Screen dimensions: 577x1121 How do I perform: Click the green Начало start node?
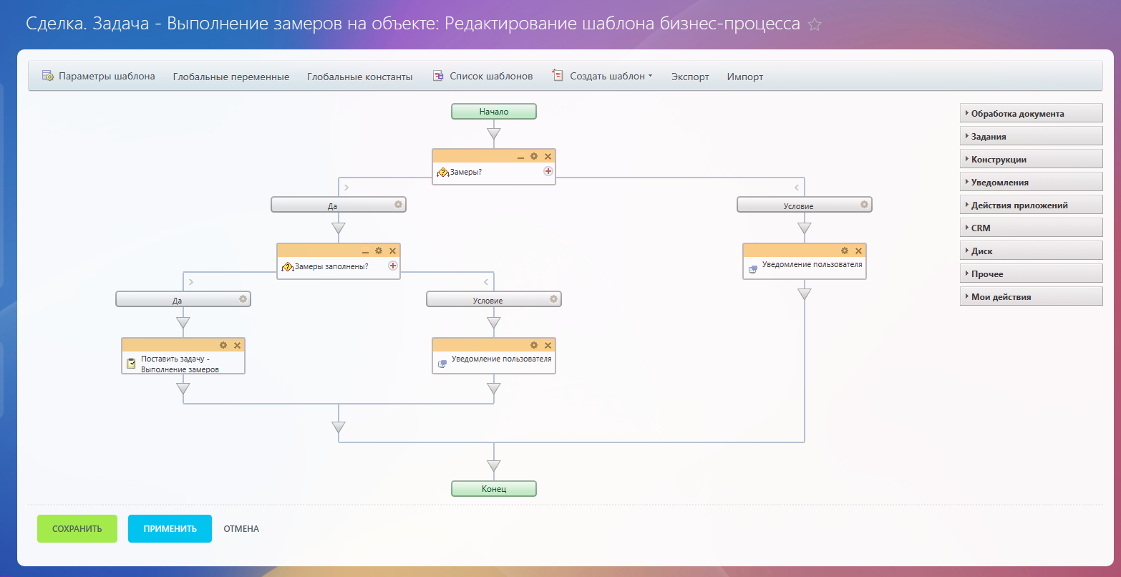pos(493,112)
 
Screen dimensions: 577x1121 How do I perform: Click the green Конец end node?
pos(493,489)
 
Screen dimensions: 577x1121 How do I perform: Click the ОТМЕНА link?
pos(241,529)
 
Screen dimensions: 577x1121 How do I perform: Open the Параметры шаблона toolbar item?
pos(99,76)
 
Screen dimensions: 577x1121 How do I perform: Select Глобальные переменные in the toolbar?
pos(230,77)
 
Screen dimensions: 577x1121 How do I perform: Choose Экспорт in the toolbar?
pos(690,77)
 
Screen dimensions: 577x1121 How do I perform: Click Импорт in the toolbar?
pos(745,77)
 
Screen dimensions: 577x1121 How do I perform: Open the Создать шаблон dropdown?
pos(603,76)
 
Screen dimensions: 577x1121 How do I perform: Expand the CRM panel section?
pos(1030,228)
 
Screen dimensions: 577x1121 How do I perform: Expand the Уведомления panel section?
pos(1030,183)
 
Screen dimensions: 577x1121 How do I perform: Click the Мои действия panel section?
pos(1030,297)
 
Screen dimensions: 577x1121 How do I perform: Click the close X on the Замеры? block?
pos(548,156)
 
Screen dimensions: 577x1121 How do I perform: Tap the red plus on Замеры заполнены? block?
pos(393,266)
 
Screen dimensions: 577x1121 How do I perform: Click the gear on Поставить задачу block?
pos(223,345)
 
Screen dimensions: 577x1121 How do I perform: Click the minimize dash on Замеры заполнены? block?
pos(365,251)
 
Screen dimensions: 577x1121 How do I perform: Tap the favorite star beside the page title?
pos(814,24)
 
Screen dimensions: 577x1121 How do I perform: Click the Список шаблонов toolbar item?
pos(483,76)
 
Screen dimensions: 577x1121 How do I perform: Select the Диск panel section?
pos(1030,251)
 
